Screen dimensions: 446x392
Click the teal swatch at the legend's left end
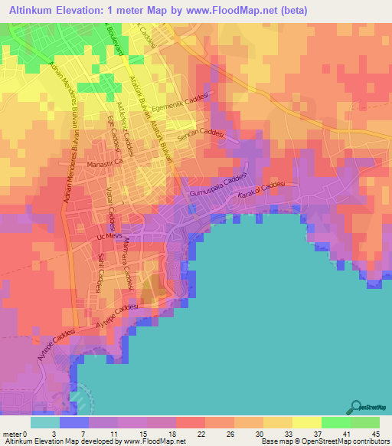(44, 422)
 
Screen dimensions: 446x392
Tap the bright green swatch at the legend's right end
(364, 422)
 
